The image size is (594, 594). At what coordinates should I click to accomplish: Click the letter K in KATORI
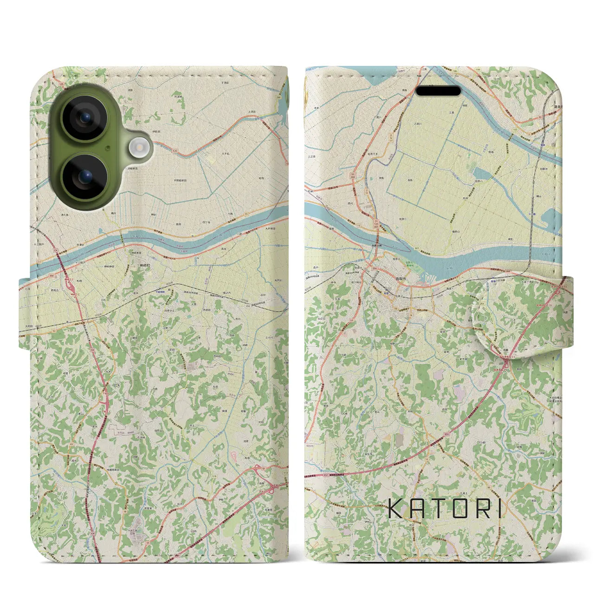click(396, 508)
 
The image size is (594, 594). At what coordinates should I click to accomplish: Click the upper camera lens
click(84, 118)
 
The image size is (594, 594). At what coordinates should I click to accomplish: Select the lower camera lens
click(84, 177)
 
